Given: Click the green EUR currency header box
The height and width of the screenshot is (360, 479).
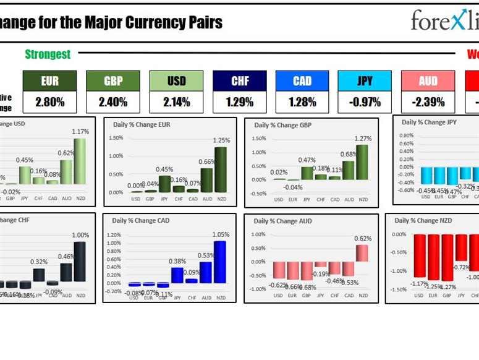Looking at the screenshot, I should (50, 81).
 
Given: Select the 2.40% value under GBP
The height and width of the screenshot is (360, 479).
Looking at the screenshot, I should (113, 102).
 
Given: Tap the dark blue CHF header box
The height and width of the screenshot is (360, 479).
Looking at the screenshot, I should (240, 81).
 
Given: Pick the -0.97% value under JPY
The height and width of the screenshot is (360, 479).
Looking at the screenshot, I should (365, 102).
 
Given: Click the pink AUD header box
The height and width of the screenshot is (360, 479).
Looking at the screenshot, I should (428, 81).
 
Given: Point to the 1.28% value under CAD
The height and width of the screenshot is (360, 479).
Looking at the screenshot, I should (302, 102).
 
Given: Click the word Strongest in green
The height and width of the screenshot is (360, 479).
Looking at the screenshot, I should (48, 54).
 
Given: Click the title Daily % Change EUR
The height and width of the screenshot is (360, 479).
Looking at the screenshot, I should (142, 124).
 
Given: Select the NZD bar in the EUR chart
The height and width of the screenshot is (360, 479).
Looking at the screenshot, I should (221, 169).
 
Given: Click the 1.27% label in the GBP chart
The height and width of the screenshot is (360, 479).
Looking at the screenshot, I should (363, 139).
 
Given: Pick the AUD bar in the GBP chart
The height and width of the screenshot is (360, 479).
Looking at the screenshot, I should (349, 170).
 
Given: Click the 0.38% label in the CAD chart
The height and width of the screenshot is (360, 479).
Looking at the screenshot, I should (177, 261).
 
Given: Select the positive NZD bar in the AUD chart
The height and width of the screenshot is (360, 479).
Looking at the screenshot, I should (362, 253).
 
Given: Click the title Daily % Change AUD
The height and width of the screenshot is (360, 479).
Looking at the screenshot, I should (282, 221).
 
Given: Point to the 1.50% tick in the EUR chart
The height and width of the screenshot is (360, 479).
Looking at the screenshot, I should (116, 138).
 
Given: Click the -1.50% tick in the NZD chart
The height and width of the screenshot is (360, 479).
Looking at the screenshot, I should (399, 289).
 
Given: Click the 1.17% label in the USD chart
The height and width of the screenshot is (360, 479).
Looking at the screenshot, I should (80, 132).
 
